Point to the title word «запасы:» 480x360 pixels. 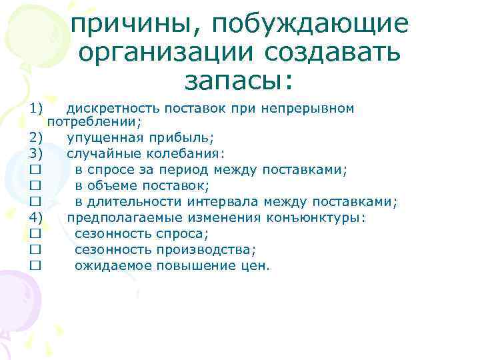click(239, 81)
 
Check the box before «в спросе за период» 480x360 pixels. click(35, 170)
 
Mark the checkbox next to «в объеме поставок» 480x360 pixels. click(35, 186)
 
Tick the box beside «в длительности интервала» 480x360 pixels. click(35, 202)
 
